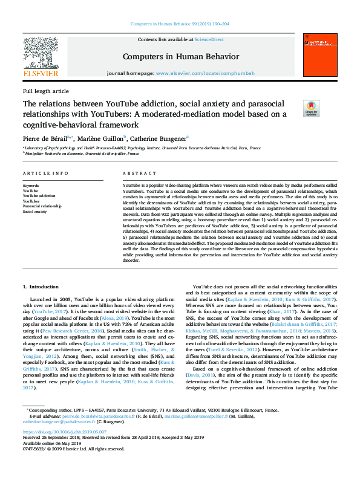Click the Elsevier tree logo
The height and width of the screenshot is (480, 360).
tap(41, 53)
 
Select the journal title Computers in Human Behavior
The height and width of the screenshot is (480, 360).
tap(180, 56)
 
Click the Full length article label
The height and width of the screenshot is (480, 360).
tap(46, 91)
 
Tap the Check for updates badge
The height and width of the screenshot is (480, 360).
tap(311, 109)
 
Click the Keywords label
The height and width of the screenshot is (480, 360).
tap(31, 184)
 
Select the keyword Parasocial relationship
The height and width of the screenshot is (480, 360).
tap(42, 206)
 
